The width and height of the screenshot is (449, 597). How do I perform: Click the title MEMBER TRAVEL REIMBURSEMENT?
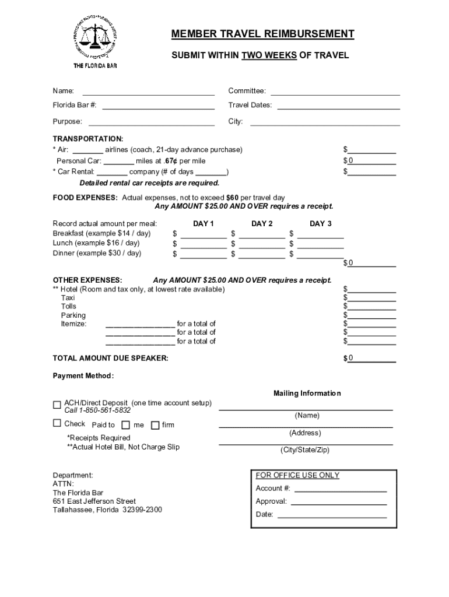[x=262, y=34]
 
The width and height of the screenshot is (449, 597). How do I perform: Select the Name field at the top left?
[x=148, y=90]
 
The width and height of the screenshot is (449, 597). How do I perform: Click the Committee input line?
[x=335, y=90]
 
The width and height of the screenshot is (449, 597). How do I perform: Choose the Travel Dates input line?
[x=338, y=105]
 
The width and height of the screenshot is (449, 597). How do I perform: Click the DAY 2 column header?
[x=262, y=224]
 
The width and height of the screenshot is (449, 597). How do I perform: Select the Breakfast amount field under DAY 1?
[x=204, y=233]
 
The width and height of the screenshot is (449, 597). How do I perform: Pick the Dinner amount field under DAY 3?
[x=320, y=254]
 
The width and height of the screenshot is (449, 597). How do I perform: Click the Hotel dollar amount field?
[x=372, y=289]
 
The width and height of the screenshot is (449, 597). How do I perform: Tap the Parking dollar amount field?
[x=372, y=315]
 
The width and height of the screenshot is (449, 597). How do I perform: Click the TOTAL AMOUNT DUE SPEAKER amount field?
[x=372, y=358]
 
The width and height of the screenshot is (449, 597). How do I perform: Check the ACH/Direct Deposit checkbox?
[x=57, y=405]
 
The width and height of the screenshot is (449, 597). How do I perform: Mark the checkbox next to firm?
[x=155, y=425]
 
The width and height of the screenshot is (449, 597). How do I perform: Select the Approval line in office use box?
[x=339, y=501]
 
